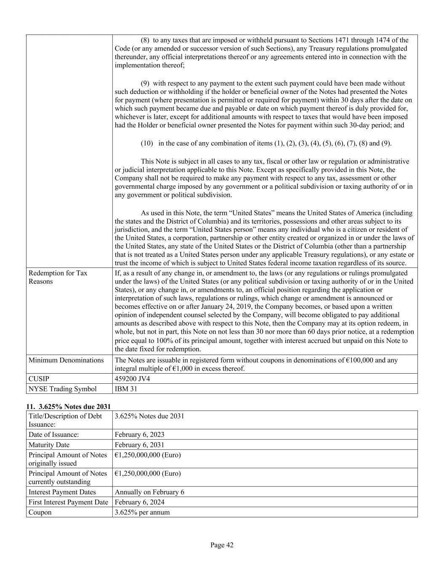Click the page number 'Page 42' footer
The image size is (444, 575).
(222, 545)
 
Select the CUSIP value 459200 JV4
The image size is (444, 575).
(132, 379)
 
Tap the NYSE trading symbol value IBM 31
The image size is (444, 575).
(126, 389)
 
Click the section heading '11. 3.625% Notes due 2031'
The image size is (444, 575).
(68, 407)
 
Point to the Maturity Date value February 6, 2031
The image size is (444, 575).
(139, 445)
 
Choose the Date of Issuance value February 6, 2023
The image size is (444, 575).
(139, 435)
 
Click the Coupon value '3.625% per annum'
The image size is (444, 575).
(142, 513)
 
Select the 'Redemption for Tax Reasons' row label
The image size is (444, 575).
(58, 277)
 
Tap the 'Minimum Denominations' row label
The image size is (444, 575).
(66, 360)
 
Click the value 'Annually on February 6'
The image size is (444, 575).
(149, 492)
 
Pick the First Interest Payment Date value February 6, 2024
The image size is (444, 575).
(139, 502)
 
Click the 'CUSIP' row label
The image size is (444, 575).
(39, 379)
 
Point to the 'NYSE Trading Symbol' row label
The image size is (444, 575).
(62, 389)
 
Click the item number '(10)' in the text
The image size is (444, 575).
(147, 143)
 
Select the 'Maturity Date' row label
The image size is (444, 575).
(49, 445)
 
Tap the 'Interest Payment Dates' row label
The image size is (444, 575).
(62, 492)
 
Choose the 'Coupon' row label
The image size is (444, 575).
(40, 513)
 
